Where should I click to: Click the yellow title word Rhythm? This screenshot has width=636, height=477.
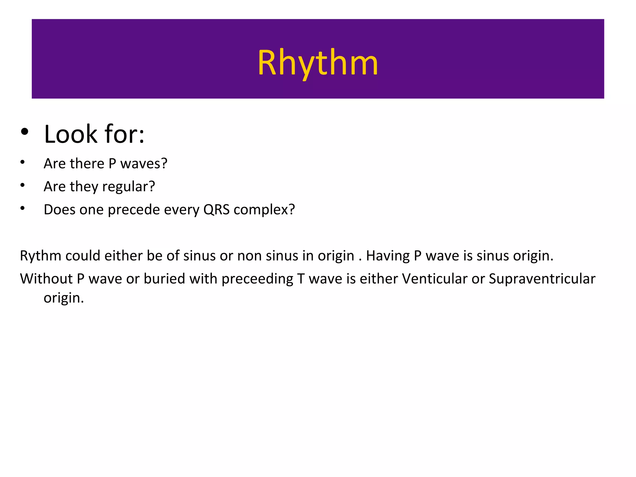tap(318, 63)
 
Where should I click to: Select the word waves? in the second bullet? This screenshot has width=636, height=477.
tap(144, 164)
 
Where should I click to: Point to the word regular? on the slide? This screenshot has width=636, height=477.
tap(128, 187)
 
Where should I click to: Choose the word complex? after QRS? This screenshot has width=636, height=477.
tap(264, 210)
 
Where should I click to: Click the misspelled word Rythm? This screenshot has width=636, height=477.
tap(40, 256)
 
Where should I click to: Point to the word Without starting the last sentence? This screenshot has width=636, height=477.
tap(46, 279)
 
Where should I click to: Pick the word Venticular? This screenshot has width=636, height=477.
tap(434, 279)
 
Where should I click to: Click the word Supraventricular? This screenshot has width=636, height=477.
tap(542, 279)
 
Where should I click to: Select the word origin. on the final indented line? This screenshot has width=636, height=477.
tap(64, 298)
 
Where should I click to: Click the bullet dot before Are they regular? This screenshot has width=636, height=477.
tap(22, 185)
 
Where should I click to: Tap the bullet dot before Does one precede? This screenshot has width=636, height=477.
tap(22, 208)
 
